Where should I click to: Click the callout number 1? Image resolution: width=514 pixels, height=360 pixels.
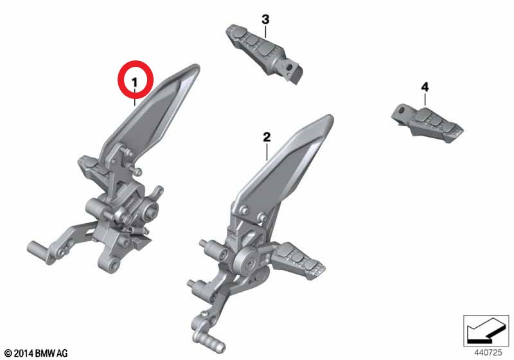(135, 82)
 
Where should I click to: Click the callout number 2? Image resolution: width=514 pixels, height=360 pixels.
(267, 137)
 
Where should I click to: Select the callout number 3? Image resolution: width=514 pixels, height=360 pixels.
(265, 19)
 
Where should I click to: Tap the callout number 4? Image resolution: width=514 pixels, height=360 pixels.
(425, 87)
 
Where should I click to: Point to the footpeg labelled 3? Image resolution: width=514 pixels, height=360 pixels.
(264, 53)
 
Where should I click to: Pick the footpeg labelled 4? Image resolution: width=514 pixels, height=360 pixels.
(427, 123)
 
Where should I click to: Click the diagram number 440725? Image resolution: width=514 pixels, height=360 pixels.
(488, 352)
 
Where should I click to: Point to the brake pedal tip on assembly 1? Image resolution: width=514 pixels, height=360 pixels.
(40, 251)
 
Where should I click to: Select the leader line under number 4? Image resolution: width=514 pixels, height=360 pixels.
(425, 99)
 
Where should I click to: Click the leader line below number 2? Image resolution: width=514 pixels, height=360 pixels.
(267, 152)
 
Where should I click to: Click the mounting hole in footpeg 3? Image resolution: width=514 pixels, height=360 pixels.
(289, 68)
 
